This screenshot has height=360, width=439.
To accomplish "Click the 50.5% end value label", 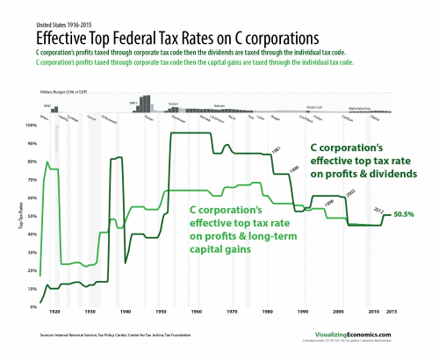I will pos(404,214).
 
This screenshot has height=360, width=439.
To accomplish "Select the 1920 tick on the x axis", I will pos(55,313).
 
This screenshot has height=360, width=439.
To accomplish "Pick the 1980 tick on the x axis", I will pos(267,313).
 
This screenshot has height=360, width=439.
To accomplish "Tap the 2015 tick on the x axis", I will pos(392,313).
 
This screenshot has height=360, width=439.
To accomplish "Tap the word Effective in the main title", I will pos(63,40).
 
